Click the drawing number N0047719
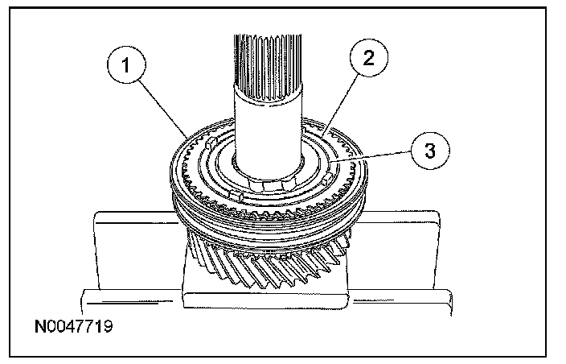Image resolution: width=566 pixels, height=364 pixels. click(72, 329)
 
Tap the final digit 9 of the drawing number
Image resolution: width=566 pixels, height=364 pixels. click(106, 329)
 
